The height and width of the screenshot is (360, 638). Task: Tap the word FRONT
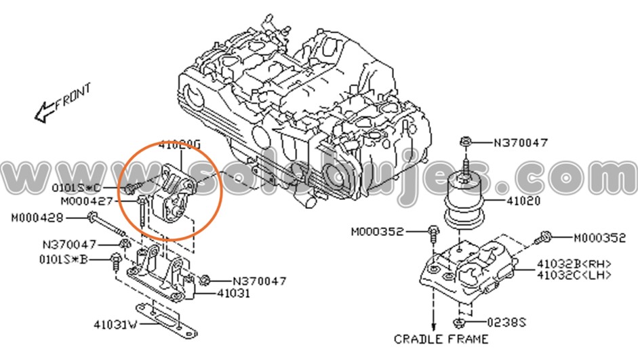pyautogui.click(x=73, y=95)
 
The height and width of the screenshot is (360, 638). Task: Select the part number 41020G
pyautogui.click(x=180, y=145)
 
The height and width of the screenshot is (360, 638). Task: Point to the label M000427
pyautogui.click(x=87, y=201)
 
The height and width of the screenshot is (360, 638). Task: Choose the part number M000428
pyautogui.click(x=37, y=218)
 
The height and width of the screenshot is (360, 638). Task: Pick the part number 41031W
pyautogui.click(x=115, y=325)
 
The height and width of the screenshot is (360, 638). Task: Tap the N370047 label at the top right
pyautogui.click(x=521, y=143)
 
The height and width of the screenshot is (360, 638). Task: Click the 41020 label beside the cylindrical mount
pyautogui.click(x=521, y=201)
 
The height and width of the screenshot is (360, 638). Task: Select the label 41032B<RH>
pyautogui.click(x=574, y=264)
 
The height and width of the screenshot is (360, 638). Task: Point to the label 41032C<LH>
pyautogui.click(x=574, y=275)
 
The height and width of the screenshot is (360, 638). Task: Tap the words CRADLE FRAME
pyautogui.click(x=441, y=339)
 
